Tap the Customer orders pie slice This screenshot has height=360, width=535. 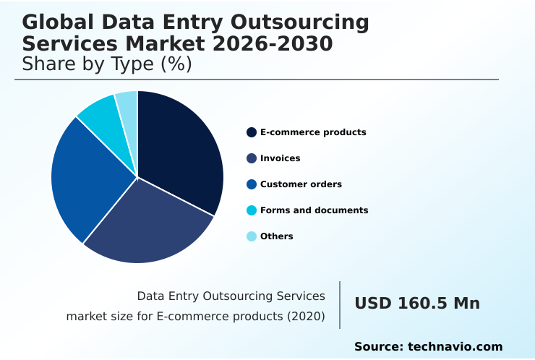tap(83, 181)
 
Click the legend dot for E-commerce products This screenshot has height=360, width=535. tap(252, 132)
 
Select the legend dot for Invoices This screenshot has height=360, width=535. tap(252, 158)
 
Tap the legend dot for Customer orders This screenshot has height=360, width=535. tap(252, 184)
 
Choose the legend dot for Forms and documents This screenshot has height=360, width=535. tap(252, 210)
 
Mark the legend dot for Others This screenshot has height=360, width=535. tap(252, 236)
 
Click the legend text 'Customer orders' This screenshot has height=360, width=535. tap(301, 184)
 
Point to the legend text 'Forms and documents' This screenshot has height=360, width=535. tap(314, 210)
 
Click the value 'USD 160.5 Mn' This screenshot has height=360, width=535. tap(416, 304)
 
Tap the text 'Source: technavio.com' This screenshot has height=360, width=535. tap(428, 347)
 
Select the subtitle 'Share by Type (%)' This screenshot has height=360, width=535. tap(106, 64)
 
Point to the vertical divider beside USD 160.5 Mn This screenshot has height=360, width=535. tap(340, 304)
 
